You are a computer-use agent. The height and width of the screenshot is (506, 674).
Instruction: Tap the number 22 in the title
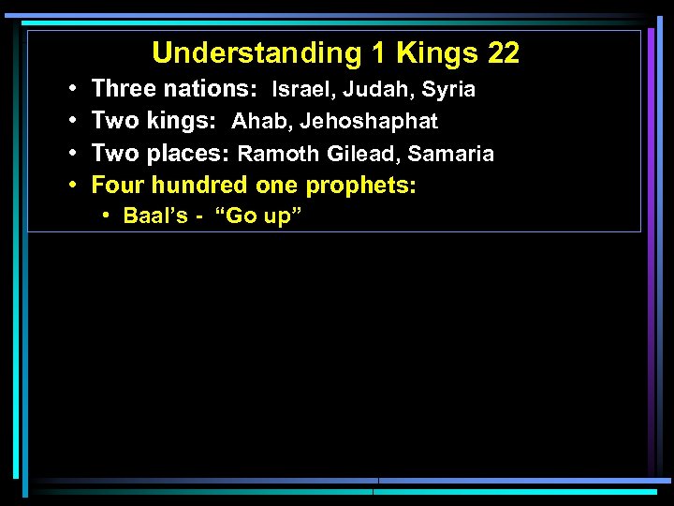pos(503,53)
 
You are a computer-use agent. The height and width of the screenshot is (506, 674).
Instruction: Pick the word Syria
pos(448,90)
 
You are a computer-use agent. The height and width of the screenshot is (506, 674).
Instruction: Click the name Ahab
pos(260,122)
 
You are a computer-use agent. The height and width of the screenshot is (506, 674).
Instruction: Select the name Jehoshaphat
pos(368,122)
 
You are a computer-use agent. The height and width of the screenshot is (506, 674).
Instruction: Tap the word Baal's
pos(154,216)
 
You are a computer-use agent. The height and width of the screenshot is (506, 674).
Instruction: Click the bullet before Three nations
pos(73,90)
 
